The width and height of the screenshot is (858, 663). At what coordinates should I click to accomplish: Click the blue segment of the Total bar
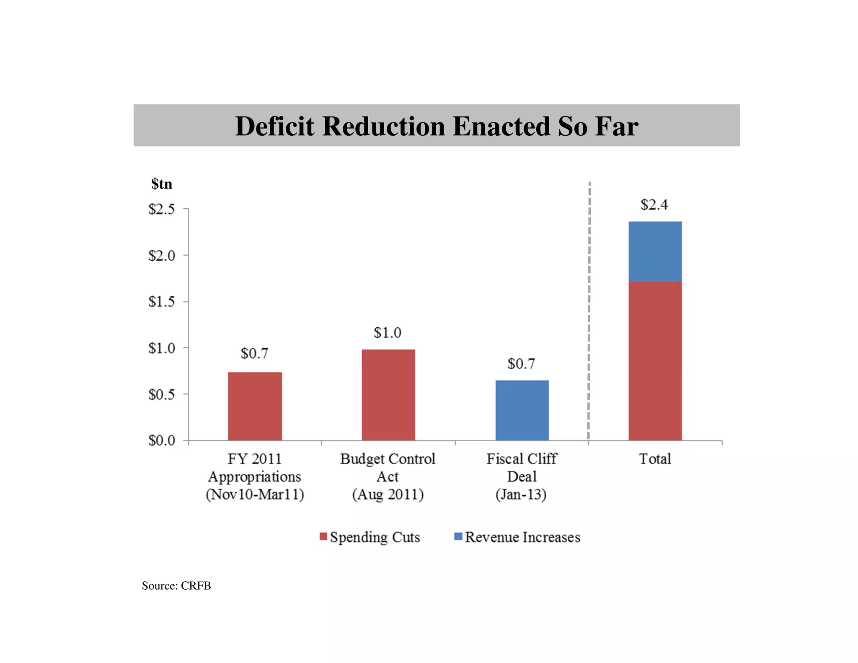(x=655, y=251)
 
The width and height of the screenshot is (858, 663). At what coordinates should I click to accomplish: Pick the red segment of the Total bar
(x=655, y=360)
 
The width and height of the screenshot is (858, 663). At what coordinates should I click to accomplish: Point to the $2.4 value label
(x=654, y=205)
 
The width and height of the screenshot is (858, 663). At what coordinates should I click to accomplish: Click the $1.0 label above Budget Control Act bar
(x=388, y=333)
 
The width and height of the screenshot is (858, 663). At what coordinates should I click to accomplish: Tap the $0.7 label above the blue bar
(x=521, y=364)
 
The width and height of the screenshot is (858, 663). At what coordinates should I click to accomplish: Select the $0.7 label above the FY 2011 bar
(x=254, y=354)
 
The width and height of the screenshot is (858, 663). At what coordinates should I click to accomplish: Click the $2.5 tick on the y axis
(x=162, y=209)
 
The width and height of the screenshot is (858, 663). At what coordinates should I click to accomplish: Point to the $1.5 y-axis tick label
(x=162, y=302)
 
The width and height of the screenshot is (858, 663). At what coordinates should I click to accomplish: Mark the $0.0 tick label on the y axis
(x=162, y=440)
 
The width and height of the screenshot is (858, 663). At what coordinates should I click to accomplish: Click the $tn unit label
(x=162, y=184)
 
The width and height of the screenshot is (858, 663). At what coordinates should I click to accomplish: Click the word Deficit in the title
(x=274, y=126)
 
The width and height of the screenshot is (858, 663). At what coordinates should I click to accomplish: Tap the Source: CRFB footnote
(x=176, y=585)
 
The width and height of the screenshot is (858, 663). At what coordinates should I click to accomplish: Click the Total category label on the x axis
(x=655, y=459)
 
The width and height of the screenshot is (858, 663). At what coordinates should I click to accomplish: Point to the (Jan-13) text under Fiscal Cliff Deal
(x=521, y=495)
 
